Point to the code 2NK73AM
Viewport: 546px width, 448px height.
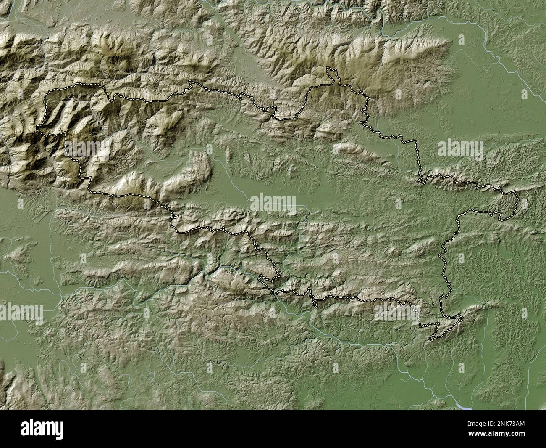(x=511, y=424)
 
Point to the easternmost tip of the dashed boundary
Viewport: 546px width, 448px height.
(x=517, y=201)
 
